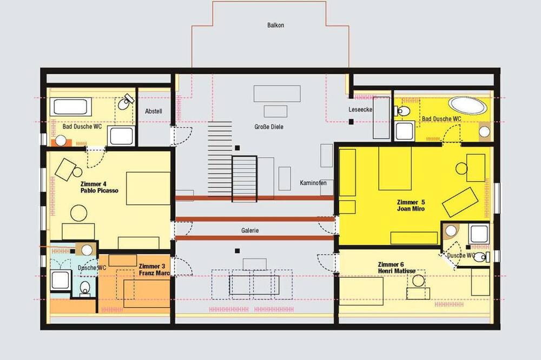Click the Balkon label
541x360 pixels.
(276, 25)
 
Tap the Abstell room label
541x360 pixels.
(154, 111)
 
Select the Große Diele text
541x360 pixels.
(269, 126)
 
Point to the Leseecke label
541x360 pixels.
(360, 110)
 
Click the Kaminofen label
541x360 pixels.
(313, 183)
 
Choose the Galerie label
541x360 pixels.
(250, 230)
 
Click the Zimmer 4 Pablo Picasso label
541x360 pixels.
(100, 187)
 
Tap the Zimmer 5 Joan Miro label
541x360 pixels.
(411, 205)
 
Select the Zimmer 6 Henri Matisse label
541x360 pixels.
(397, 268)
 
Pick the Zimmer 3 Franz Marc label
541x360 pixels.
(154, 270)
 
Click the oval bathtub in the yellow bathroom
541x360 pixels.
(467, 105)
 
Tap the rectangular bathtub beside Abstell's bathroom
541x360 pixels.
(70, 107)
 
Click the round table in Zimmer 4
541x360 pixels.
(78, 213)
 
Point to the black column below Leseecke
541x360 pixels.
(351, 122)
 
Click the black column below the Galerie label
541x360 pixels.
(237, 251)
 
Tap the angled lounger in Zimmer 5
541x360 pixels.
(460, 202)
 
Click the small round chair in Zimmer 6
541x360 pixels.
(419, 281)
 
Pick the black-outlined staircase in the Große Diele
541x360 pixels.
(245, 179)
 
